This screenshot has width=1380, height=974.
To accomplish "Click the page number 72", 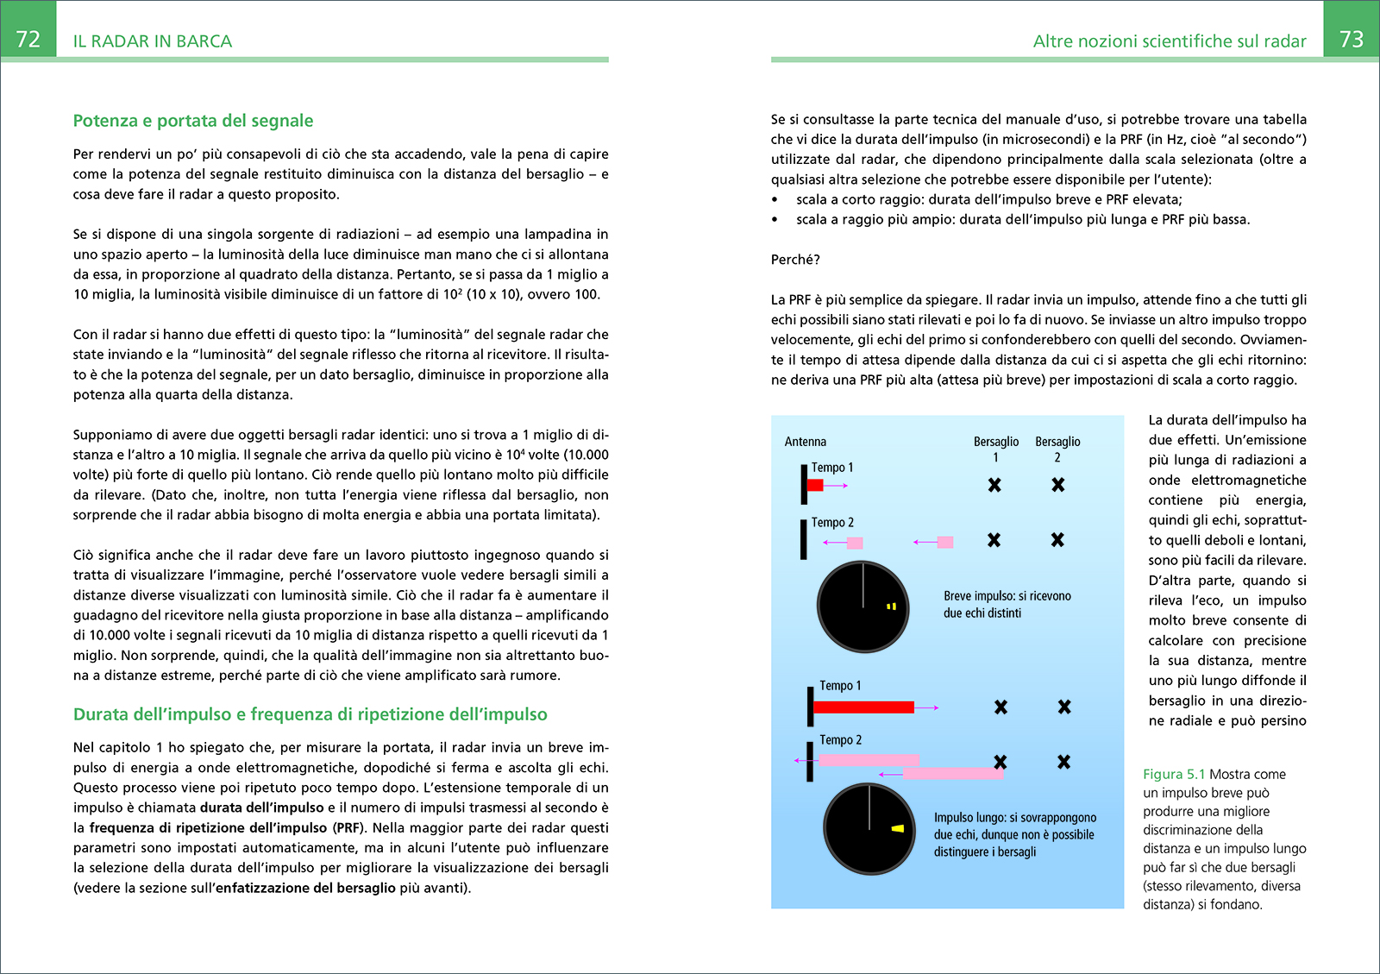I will (x=28, y=40).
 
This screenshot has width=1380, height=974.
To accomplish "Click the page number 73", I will (x=1351, y=40).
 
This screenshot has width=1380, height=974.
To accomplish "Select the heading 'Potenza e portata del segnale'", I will (x=193, y=121).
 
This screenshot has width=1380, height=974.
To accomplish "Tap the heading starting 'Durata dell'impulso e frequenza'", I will (x=310, y=714).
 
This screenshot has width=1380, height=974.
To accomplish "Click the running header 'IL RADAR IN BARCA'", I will (x=153, y=41).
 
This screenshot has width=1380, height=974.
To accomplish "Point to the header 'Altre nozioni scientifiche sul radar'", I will (x=1170, y=41).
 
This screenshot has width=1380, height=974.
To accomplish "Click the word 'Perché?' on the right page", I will (x=795, y=260).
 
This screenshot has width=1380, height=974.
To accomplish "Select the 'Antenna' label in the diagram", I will (x=806, y=442).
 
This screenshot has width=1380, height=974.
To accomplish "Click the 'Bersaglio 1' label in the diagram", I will (x=996, y=449).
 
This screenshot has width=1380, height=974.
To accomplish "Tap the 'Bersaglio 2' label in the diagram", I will (x=1057, y=449).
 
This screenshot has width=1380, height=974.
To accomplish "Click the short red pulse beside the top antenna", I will (x=815, y=486).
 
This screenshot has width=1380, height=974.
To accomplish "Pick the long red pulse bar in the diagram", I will (x=863, y=707).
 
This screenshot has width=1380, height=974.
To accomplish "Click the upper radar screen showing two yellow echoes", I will (x=862, y=606).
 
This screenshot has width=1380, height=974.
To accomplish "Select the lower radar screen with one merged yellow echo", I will (x=869, y=828).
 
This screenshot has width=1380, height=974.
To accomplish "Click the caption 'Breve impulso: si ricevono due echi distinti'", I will (x=1007, y=605).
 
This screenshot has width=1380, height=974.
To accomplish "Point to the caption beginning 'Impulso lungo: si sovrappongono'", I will (x=1014, y=834).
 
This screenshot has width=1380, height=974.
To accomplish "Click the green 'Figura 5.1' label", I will (x=1174, y=775).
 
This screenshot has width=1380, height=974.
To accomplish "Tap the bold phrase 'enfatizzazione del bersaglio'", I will (x=305, y=888).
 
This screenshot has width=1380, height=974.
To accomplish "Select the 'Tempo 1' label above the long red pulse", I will (x=840, y=686).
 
